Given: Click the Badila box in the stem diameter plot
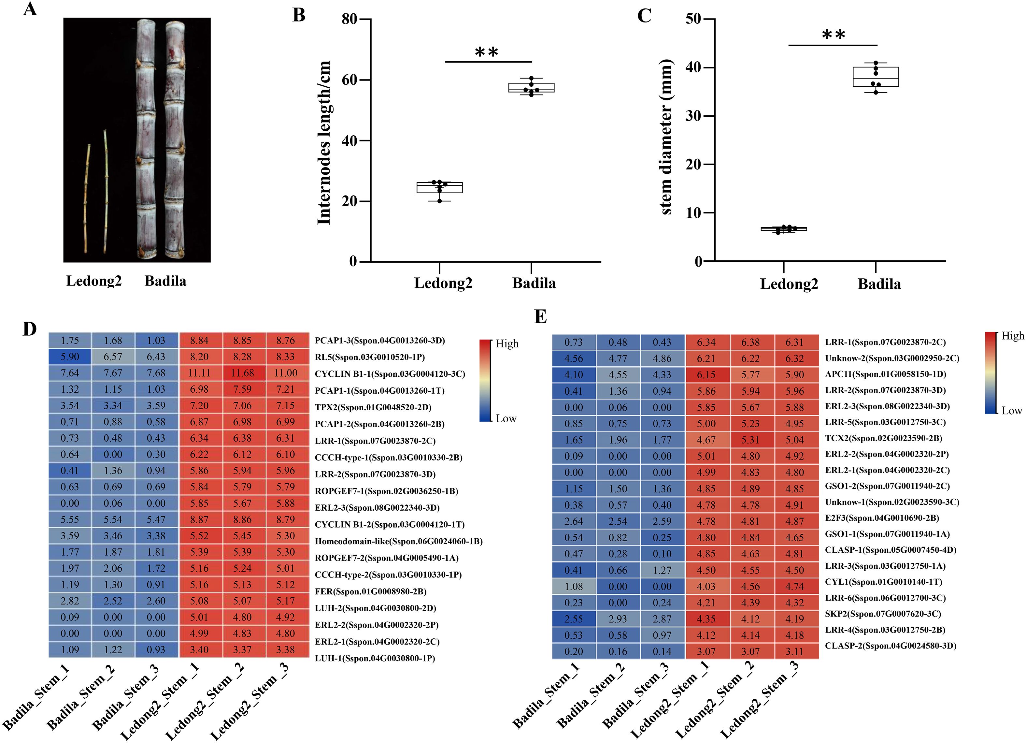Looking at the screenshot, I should coord(876,77).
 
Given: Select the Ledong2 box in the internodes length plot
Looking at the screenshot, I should coord(439,187).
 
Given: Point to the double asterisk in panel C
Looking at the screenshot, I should coord(833,35).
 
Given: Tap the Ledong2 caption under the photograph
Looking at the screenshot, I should coord(94,281).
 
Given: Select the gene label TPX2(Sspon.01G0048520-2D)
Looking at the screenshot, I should coord(373,407).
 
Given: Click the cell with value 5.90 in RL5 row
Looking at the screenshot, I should coord(70,357).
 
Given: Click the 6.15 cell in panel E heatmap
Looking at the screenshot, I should coord(706,375).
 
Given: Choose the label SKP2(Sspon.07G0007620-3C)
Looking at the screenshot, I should coord(883,614).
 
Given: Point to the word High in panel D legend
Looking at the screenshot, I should coord(507,343).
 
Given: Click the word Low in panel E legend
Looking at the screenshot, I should coord(1012,411).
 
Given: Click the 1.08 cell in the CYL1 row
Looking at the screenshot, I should coord(573,587).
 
